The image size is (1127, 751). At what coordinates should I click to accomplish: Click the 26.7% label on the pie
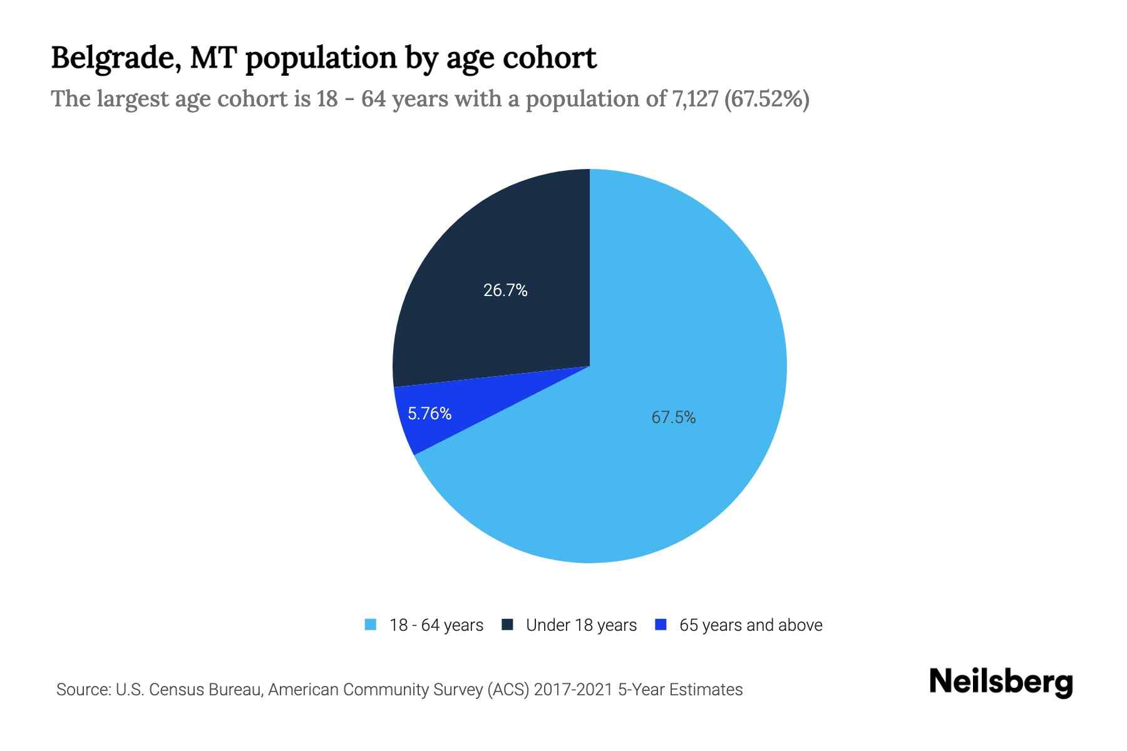pyautogui.click(x=505, y=290)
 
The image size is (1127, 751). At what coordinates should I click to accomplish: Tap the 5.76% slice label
pyautogui.click(x=430, y=414)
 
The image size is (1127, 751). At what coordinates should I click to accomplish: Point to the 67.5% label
pyautogui.click(x=674, y=417)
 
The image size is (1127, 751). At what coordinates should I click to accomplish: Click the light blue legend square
pyautogui.click(x=371, y=625)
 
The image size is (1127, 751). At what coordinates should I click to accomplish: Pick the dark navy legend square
pyautogui.click(x=507, y=625)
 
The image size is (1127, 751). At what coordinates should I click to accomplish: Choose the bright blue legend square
pyautogui.click(x=660, y=625)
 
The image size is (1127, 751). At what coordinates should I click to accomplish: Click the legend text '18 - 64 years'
pyautogui.click(x=436, y=625)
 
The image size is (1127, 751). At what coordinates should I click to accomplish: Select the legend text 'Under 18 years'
pyautogui.click(x=581, y=625)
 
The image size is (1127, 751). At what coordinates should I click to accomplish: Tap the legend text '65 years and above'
pyautogui.click(x=751, y=625)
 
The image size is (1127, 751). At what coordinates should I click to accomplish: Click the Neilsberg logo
pyautogui.click(x=1001, y=682)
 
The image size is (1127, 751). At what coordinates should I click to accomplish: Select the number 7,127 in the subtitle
pyautogui.click(x=694, y=99)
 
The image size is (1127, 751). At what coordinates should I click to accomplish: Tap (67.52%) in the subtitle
pyautogui.click(x=766, y=99)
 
